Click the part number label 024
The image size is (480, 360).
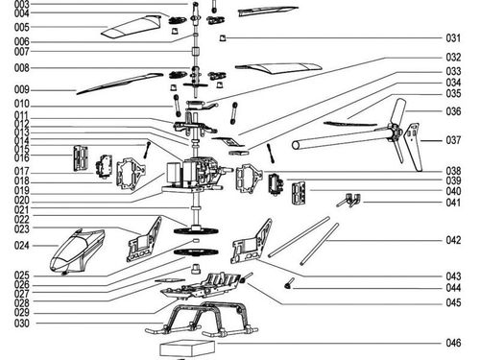[x=22, y=246]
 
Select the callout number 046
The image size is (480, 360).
[x=453, y=343]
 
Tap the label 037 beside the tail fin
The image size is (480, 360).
[x=453, y=140]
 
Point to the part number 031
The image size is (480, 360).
[x=453, y=38]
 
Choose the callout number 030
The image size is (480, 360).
[x=22, y=324]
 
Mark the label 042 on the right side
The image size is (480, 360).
[x=453, y=240]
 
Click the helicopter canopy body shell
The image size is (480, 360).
[x=77, y=252]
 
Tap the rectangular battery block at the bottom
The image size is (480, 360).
[x=187, y=348]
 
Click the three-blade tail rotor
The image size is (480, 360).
[x=396, y=132]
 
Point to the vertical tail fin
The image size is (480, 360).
[x=413, y=147]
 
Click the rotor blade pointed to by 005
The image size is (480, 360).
[x=131, y=28]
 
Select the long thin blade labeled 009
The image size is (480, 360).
[x=119, y=84]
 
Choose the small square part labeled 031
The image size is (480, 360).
[x=223, y=38]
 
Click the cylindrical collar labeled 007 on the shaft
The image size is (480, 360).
[x=196, y=52]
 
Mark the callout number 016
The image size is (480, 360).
[x=22, y=157]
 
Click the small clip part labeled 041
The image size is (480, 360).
[x=349, y=200]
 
